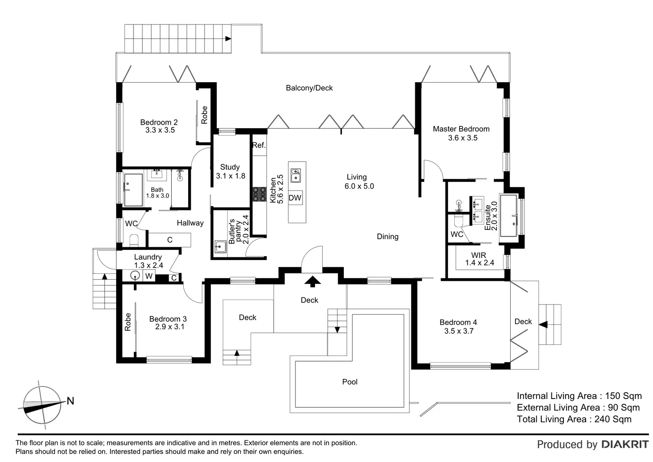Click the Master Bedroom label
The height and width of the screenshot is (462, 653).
(461, 129)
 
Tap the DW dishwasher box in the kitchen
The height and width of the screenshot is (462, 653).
(295, 198)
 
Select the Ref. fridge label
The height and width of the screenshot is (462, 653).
(259, 145)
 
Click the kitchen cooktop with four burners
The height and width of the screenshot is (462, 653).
(260, 194)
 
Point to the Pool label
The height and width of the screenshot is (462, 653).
(350, 382)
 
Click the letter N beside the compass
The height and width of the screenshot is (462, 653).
(70, 401)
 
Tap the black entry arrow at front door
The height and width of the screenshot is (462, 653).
(313, 280)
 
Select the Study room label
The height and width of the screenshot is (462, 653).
(230, 167)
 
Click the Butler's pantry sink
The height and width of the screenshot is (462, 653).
(220, 246)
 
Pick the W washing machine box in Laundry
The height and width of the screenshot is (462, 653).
(149, 276)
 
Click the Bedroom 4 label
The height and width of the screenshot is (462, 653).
(458, 323)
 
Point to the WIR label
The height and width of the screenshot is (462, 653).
(479, 255)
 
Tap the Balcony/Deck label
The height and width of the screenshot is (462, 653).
(309, 88)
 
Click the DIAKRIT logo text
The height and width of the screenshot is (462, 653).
(625, 444)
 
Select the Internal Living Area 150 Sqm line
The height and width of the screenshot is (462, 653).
(579, 396)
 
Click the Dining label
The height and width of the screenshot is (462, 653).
(388, 237)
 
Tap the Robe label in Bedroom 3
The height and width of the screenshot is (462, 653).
(128, 322)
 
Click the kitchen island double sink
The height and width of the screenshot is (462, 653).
(296, 175)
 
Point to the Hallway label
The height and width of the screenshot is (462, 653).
(190, 223)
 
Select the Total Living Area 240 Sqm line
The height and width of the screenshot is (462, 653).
(574, 419)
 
